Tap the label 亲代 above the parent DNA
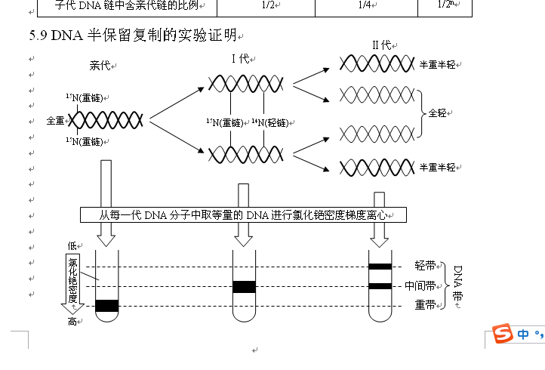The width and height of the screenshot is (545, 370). click(100, 66)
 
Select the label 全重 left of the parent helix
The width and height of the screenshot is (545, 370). click(56, 120)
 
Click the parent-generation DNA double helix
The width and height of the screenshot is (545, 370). click(108, 120)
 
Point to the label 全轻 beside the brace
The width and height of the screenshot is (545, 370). click(437, 113)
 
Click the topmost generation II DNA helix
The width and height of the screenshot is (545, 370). click(375, 63)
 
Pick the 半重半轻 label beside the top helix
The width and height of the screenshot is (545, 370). click(438, 65)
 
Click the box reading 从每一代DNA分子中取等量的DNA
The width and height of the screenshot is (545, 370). click(243, 214)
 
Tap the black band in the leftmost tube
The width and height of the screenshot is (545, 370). click(107, 305)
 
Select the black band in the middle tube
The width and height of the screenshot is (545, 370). click(243, 286)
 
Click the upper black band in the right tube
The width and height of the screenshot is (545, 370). click(380, 267)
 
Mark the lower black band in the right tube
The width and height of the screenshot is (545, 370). click(380, 286)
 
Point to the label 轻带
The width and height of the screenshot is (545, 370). click(425, 266)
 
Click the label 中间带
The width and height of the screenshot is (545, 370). click(420, 286)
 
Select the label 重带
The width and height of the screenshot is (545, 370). click(425, 305)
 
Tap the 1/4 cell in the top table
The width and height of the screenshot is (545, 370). click(365, 5)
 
